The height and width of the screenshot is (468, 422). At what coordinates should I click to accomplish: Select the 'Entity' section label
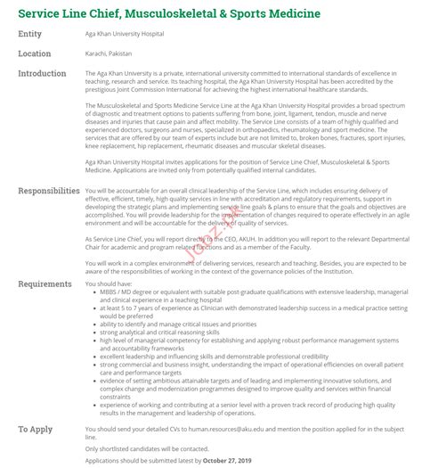click(x=29, y=34)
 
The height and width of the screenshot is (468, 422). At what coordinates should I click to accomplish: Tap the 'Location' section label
click(x=34, y=53)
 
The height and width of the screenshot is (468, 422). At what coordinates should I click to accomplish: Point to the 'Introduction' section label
click(x=42, y=73)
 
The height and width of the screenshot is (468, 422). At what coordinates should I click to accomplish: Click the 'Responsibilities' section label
click(x=49, y=191)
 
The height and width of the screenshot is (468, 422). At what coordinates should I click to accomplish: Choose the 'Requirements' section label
click(x=45, y=283)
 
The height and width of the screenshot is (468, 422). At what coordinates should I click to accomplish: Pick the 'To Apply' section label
click(x=35, y=430)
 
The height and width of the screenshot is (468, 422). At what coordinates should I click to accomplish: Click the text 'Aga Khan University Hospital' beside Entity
click(x=126, y=34)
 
